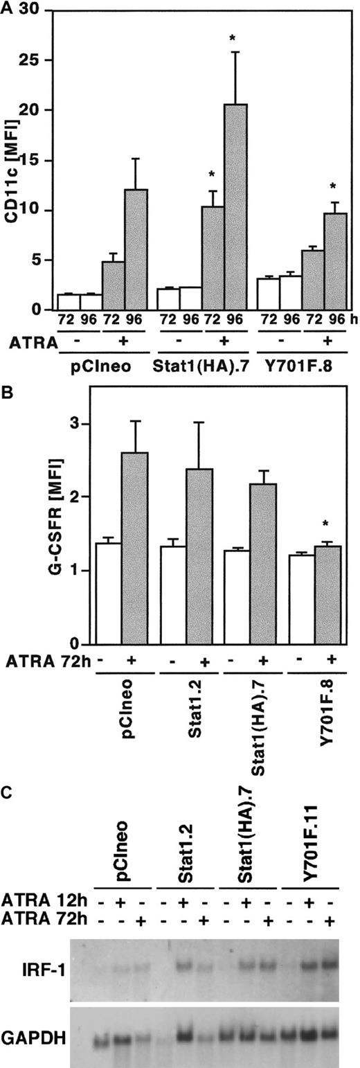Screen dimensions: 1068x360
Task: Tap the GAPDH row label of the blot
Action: [30, 1016]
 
